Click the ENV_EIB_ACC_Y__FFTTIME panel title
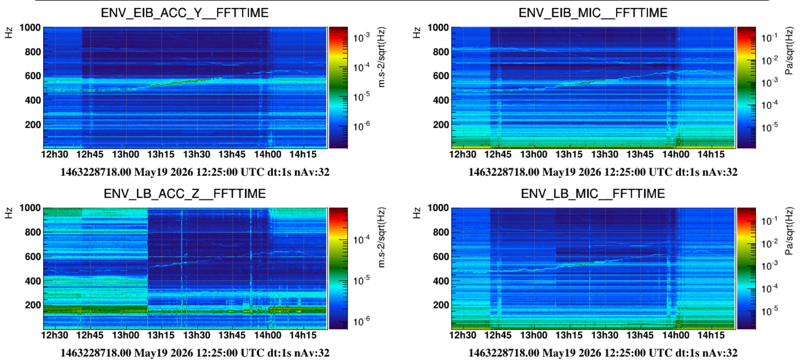tap(185, 13)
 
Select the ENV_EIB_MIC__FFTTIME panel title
tap(593, 13)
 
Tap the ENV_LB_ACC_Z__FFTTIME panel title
tap(185, 194)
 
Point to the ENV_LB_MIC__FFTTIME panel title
tap(593, 194)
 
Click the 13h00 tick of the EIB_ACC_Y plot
tap(125, 154)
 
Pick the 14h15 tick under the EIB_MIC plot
tap(711, 154)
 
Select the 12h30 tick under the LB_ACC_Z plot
tap(55, 335)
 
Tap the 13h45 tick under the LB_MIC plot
tap(640, 335)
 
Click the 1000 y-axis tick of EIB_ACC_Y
tap(30, 27)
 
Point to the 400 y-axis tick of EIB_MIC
tap(441, 100)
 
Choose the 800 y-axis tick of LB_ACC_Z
tap(33, 232)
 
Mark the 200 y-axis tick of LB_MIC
tap(441, 305)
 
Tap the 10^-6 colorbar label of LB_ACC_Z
tap(361, 321)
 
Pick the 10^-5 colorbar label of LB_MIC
tap(770, 311)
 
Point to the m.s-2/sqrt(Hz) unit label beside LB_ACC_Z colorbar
tap(381, 237)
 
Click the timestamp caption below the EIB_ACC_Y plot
tap(195, 172)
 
